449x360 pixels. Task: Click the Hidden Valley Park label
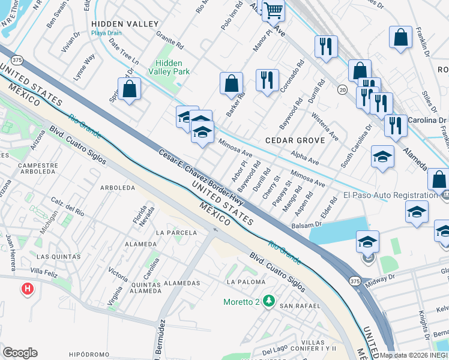click(172, 67)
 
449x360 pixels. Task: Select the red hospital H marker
click(27, 290)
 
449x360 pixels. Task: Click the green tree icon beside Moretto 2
click(270, 301)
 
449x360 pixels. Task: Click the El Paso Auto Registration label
click(390, 195)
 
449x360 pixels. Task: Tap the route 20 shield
click(342, 89)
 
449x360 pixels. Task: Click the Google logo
click(20, 353)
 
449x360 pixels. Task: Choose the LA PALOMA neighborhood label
click(246, 281)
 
